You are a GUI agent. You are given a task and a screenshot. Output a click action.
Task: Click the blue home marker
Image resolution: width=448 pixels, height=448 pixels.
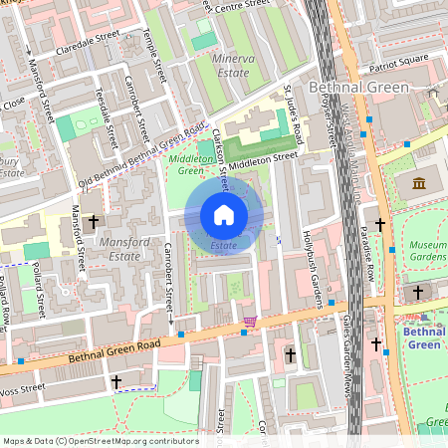click(x=224, y=215)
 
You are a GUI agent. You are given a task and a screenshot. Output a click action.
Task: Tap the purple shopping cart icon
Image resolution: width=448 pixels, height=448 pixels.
click(x=250, y=322)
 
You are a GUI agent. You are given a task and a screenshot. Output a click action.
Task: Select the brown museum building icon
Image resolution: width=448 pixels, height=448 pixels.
click(x=418, y=183)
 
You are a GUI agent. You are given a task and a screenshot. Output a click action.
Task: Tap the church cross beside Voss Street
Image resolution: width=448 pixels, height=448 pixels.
click(x=115, y=381)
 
